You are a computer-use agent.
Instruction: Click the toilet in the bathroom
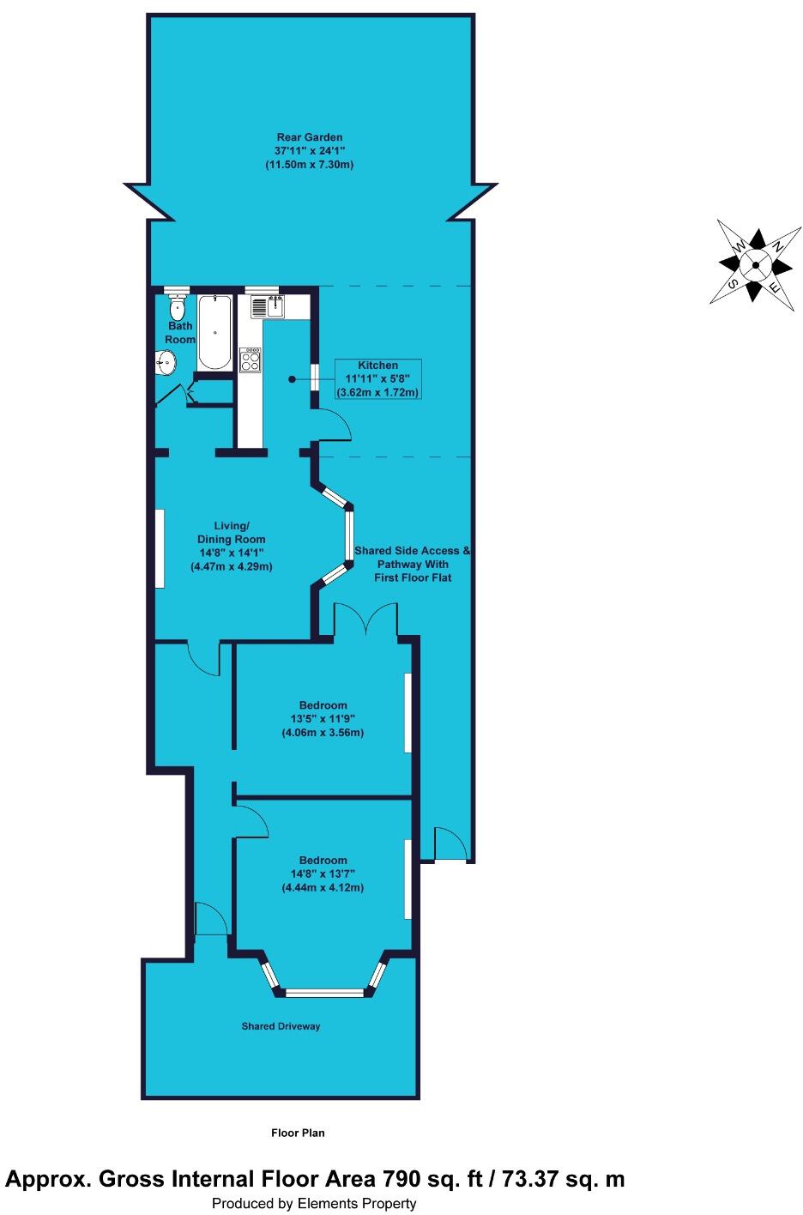click(x=177, y=307)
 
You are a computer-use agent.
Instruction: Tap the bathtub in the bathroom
click(x=214, y=333)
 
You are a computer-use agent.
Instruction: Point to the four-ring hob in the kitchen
click(x=251, y=359)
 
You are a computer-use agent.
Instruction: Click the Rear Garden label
click(x=309, y=136)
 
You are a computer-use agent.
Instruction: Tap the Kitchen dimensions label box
click(x=378, y=379)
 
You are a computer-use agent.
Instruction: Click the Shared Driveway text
click(x=281, y=1026)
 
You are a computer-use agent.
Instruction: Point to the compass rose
click(x=755, y=265)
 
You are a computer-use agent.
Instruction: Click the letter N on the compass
click(x=777, y=245)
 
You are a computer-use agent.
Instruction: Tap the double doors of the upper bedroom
click(x=366, y=620)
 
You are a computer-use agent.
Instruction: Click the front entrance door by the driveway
click(x=211, y=921)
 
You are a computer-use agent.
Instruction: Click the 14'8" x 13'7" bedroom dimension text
click(x=323, y=874)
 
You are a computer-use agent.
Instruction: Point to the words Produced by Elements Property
click(x=314, y=1204)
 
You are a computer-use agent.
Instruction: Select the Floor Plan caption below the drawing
click(x=298, y=1133)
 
